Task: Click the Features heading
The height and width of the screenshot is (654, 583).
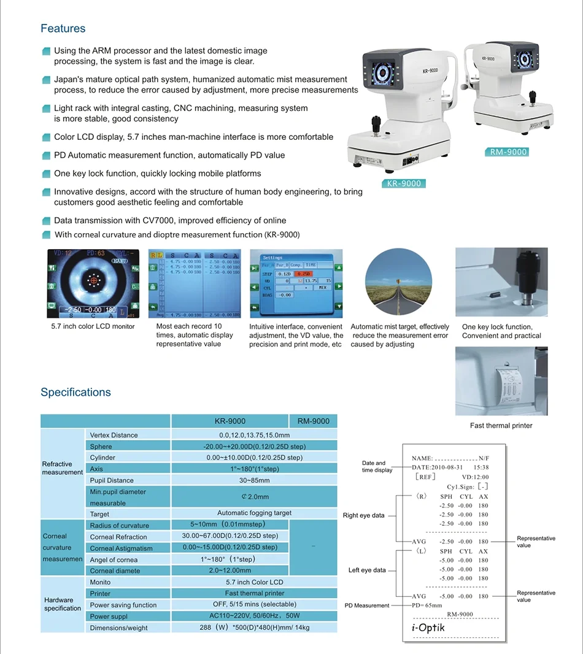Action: (x=63, y=29)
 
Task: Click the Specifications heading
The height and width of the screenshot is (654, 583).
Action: (x=75, y=393)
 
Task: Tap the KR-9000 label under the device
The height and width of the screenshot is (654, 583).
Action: (x=403, y=183)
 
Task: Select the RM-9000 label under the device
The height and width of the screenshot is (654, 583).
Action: (x=508, y=152)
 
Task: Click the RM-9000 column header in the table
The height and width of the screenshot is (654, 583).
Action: (x=313, y=421)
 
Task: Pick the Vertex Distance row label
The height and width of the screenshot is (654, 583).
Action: (x=114, y=435)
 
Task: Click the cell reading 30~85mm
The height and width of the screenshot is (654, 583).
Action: (x=254, y=480)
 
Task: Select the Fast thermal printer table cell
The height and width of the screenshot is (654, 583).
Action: (x=254, y=593)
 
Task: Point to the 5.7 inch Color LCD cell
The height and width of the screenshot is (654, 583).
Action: (x=254, y=582)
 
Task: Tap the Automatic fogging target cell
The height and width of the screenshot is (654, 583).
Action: (x=254, y=513)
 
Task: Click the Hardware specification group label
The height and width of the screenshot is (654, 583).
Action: (x=62, y=604)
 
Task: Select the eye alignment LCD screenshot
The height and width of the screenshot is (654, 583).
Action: (x=93, y=283)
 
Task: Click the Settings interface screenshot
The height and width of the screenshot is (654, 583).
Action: (x=296, y=283)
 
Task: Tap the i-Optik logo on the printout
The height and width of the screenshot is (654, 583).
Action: (x=428, y=628)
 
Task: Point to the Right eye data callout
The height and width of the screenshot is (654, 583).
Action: (x=363, y=515)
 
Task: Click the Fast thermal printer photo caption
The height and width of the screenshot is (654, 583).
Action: (x=501, y=426)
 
